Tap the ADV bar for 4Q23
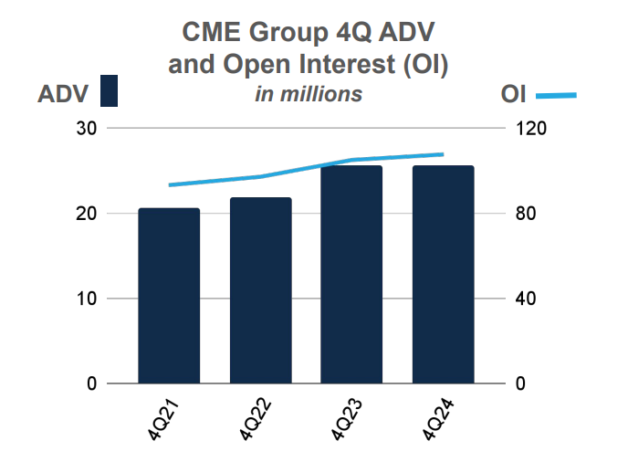click(x=351, y=274)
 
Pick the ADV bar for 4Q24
click(x=443, y=274)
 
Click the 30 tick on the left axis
click(x=87, y=129)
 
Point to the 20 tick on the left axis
click(x=87, y=214)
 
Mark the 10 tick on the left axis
click(x=87, y=299)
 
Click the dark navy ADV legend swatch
click(x=110, y=92)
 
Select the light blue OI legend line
click(x=556, y=95)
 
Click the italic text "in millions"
click(x=308, y=94)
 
